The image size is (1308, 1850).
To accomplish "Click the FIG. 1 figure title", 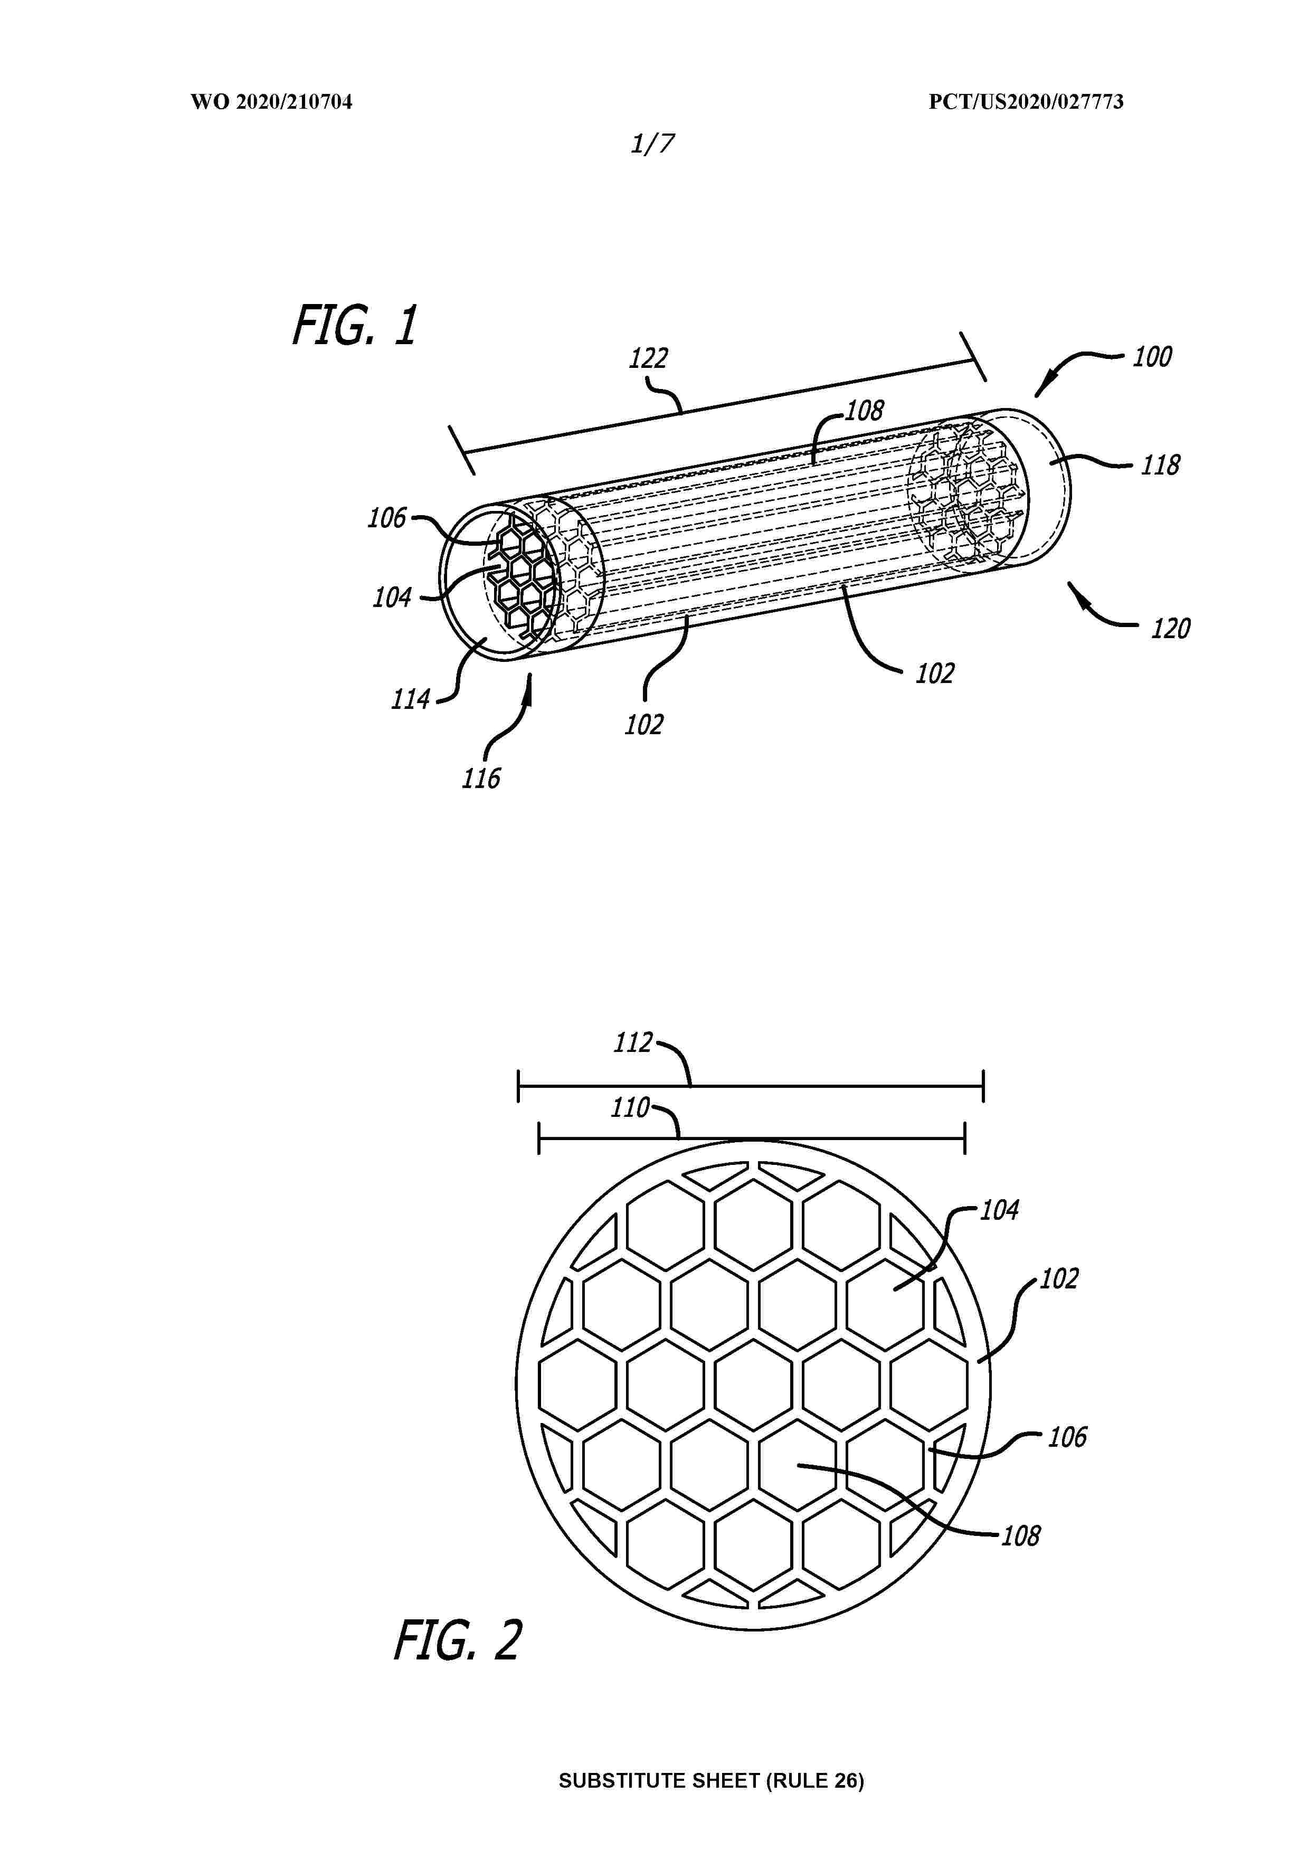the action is pyautogui.click(x=355, y=326).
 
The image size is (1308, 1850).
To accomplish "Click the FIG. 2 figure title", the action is pyautogui.click(x=458, y=1639).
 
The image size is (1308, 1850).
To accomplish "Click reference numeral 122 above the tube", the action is pyautogui.click(x=649, y=358).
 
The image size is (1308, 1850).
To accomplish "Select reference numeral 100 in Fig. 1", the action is pyautogui.click(x=1152, y=356).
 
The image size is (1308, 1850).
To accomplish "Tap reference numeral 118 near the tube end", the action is pyautogui.click(x=1161, y=465).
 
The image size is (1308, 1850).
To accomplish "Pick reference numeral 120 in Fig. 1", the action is pyautogui.click(x=1170, y=628).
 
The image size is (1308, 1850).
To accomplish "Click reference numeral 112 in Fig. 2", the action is pyautogui.click(x=633, y=1042).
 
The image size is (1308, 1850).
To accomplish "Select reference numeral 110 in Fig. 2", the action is pyautogui.click(x=629, y=1108).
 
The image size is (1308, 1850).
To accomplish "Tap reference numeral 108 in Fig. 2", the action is pyautogui.click(x=1021, y=1536).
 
